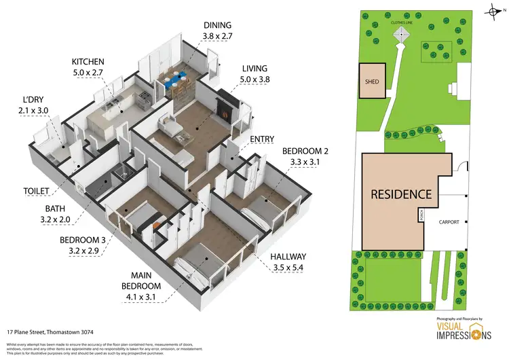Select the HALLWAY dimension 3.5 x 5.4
click(287, 268)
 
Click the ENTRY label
click(262, 139)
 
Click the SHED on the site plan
click(373, 82)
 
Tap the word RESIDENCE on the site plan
click(400, 194)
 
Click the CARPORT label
click(449, 221)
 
